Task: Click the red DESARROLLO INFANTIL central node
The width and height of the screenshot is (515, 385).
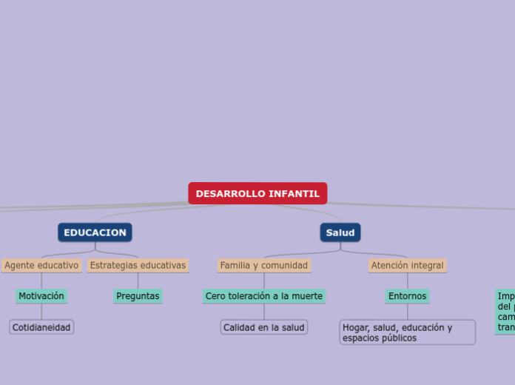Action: pos(257,193)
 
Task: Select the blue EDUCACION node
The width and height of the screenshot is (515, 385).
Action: pos(95,232)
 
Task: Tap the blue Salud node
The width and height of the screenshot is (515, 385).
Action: pos(340,232)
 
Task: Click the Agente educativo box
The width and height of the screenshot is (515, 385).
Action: pos(41,265)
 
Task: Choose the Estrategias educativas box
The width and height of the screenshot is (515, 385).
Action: pos(138,265)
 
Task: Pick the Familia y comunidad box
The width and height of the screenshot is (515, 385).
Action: pos(264,265)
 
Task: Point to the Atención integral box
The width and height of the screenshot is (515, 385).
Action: pos(407,265)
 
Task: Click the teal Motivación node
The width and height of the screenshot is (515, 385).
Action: pos(41,296)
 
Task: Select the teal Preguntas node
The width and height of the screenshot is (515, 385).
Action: pos(138,296)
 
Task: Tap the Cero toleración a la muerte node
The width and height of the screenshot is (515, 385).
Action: pos(264,296)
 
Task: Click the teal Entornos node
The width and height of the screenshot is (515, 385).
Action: pos(407,296)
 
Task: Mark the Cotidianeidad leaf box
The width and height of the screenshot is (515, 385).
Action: pos(41,327)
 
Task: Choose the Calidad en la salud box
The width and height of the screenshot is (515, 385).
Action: pos(264,327)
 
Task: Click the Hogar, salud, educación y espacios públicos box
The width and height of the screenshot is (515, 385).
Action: pos(407,332)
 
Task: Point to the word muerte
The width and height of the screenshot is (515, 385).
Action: pos(306,296)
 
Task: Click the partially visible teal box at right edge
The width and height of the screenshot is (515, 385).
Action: pos(506,311)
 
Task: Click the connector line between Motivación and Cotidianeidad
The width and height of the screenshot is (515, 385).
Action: pos(41,312)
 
